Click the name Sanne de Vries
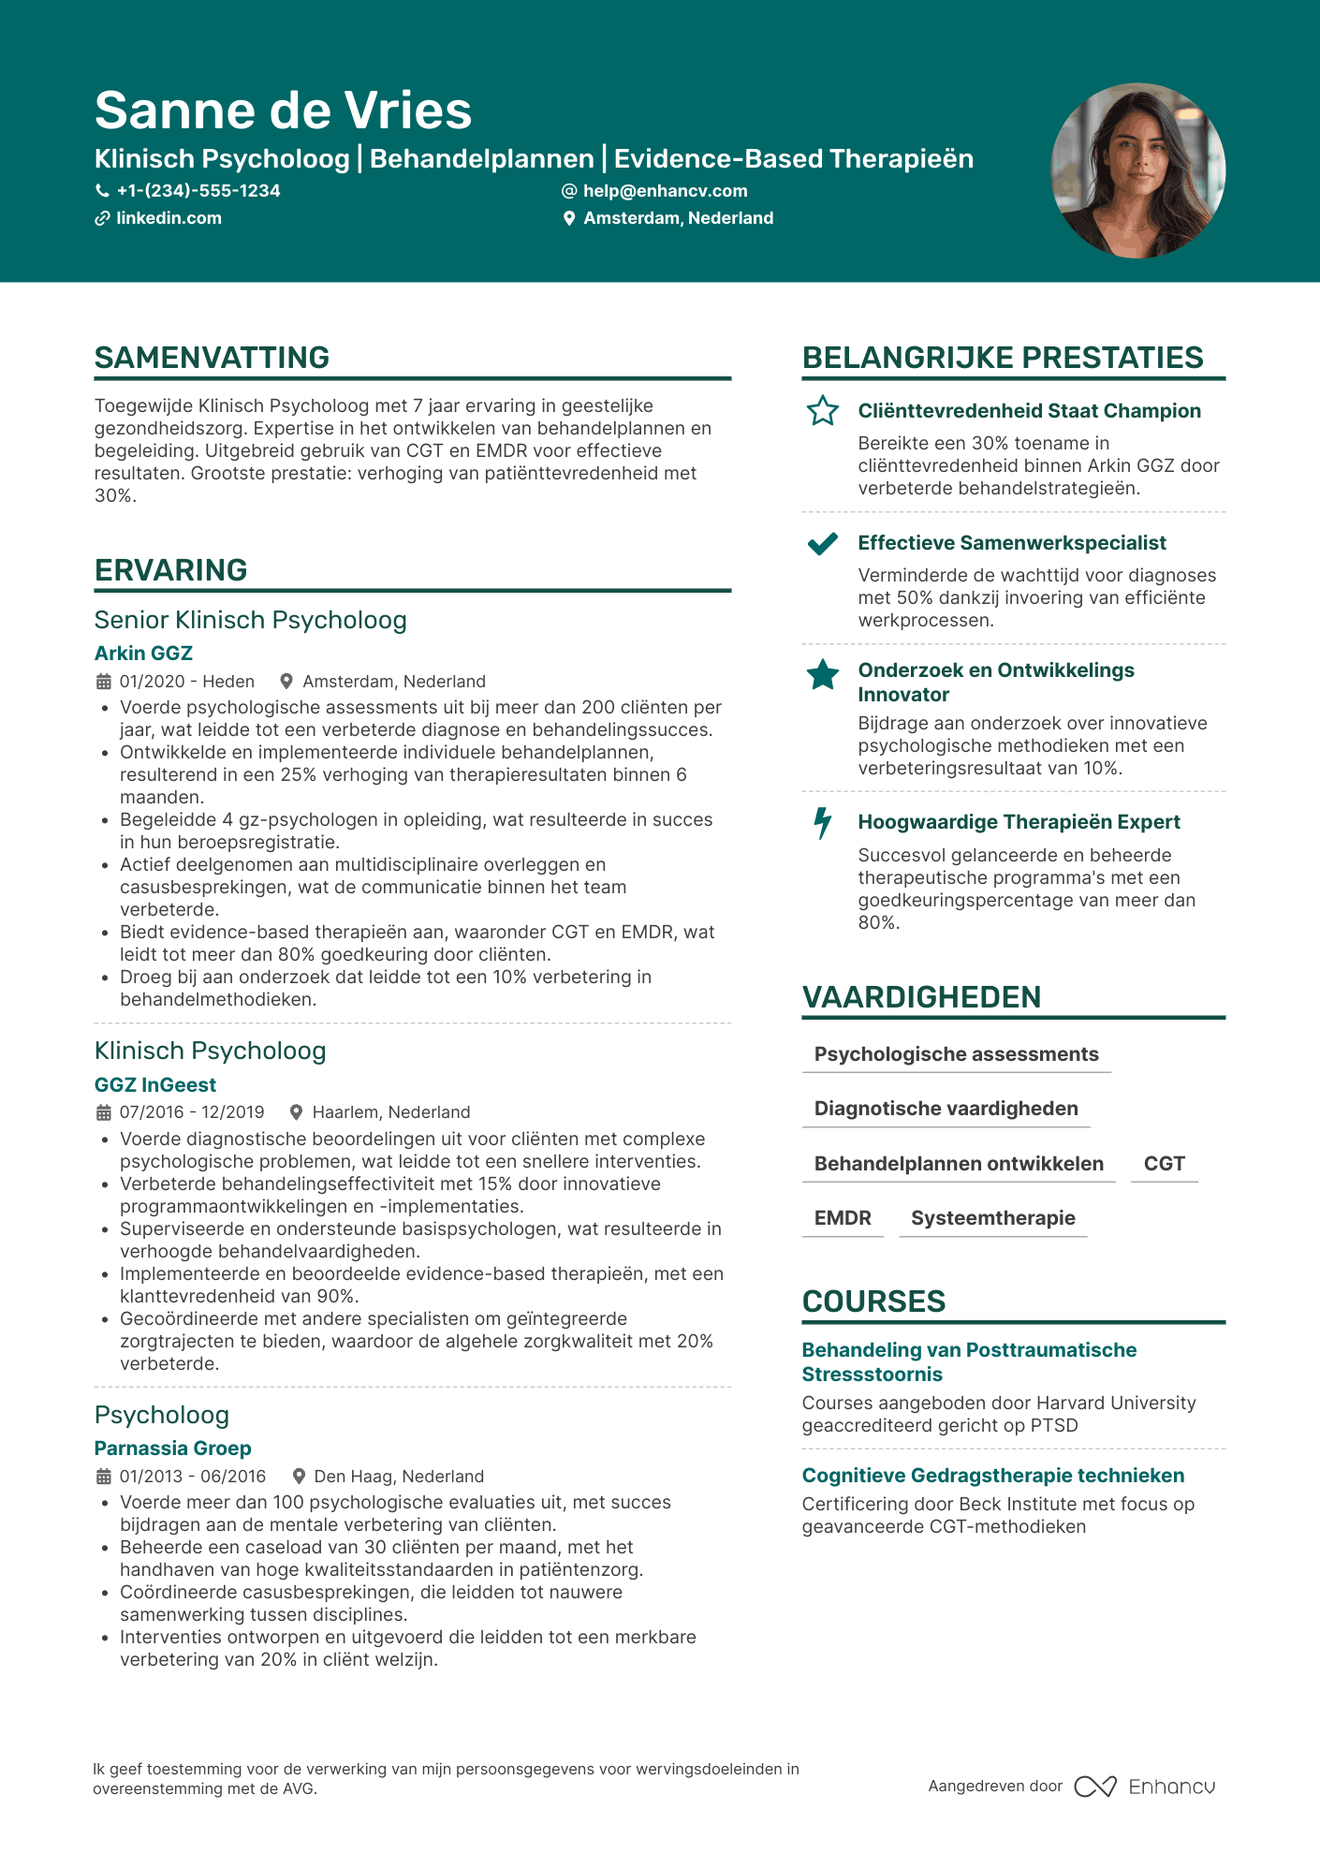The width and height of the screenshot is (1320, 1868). pyautogui.click(x=283, y=110)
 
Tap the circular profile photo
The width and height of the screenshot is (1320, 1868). pyautogui.click(x=1137, y=170)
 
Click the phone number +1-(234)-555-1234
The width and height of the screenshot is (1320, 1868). pyautogui.click(x=198, y=191)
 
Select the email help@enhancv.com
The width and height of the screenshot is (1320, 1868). pyautogui.click(x=665, y=191)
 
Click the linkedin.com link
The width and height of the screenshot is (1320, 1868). pyautogui.click(x=169, y=218)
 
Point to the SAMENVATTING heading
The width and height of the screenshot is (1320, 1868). pyautogui.click(x=212, y=358)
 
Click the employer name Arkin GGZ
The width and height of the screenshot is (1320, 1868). pyautogui.click(x=143, y=654)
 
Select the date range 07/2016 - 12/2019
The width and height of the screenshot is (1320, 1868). pyautogui.click(x=192, y=1112)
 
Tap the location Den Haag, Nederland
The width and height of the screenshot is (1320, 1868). pyautogui.click(x=399, y=1477)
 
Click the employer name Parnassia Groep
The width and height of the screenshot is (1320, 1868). pyautogui.click(x=172, y=1449)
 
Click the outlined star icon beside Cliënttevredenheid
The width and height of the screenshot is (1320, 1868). pyautogui.click(x=823, y=411)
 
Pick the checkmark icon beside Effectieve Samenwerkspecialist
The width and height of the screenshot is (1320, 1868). pyautogui.click(x=823, y=543)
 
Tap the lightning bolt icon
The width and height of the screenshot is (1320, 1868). pyautogui.click(x=823, y=822)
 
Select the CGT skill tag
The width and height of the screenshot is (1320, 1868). pyautogui.click(x=1164, y=1164)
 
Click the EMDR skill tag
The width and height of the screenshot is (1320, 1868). pyautogui.click(x=843, y=1218)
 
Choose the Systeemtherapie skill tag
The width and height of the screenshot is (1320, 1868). pyautogui.click(x=992, y=1218)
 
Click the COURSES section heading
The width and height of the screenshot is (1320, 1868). pyautogui.click(x=873, y=1302)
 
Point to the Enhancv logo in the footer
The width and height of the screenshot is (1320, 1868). pyautogui.click(x=1145, y=1787)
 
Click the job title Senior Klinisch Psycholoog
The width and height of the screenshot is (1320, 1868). pyautogui.click(x=250, y=620)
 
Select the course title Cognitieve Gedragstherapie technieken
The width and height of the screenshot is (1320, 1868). pyautogui.click(x=992, y=1476)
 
